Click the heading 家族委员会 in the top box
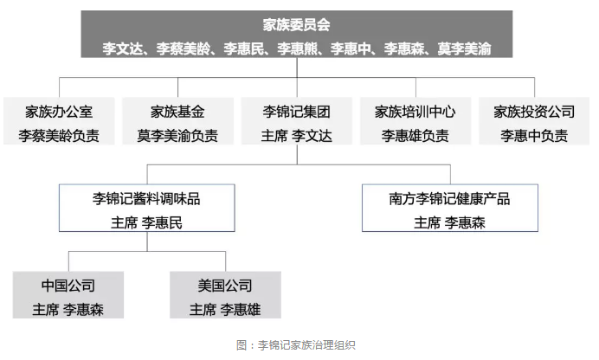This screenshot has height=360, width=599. point(296,25)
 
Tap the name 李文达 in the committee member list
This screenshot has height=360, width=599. point(122,48)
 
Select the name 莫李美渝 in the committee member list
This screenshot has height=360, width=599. point(464,48)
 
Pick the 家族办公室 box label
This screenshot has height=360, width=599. point(59,112)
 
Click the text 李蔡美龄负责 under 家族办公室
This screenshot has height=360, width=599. point(59,136)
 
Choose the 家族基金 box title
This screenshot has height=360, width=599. point(177,112)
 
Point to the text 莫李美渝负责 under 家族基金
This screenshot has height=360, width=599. point(177,136)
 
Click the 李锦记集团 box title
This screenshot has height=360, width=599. point(296,112)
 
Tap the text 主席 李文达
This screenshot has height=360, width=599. point(296,136)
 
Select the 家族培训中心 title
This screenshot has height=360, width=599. point(415,112)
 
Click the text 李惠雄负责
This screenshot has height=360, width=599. point(415,136)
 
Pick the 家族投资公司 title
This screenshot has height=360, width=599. point(534,112)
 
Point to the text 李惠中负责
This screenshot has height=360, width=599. point(534,136)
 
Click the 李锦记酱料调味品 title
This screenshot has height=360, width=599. point(146,199)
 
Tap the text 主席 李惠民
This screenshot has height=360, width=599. point(146,222)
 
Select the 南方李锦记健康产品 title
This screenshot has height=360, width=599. point(449,199)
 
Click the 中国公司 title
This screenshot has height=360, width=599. point(68,286)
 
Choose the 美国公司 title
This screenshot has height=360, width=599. point(225,286)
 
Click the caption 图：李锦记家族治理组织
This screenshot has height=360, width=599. point(296,345)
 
